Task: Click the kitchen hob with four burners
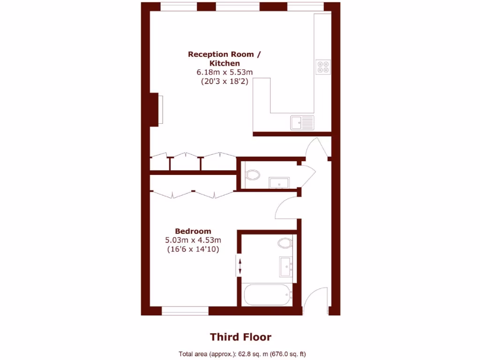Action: (x=322, y=67)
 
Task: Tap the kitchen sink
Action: (x=302, y=122)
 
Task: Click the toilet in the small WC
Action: (x=253, y=175)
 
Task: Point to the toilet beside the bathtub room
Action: (x=285, y=243)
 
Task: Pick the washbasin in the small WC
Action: (x=279, y=182)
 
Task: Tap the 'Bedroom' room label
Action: (x=193, y=231)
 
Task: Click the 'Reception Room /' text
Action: (x=224, y=54)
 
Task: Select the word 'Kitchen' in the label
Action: (x=225, y=63)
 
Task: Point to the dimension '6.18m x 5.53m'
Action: (x=225, y=72)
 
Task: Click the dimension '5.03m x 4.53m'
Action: (x=193, y=240)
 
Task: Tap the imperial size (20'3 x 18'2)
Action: (x=225, y=81)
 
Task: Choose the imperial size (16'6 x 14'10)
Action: (x=193, y=249)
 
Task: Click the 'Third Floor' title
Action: (x=240, y=337)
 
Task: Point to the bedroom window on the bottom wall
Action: (x=185, y=310)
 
